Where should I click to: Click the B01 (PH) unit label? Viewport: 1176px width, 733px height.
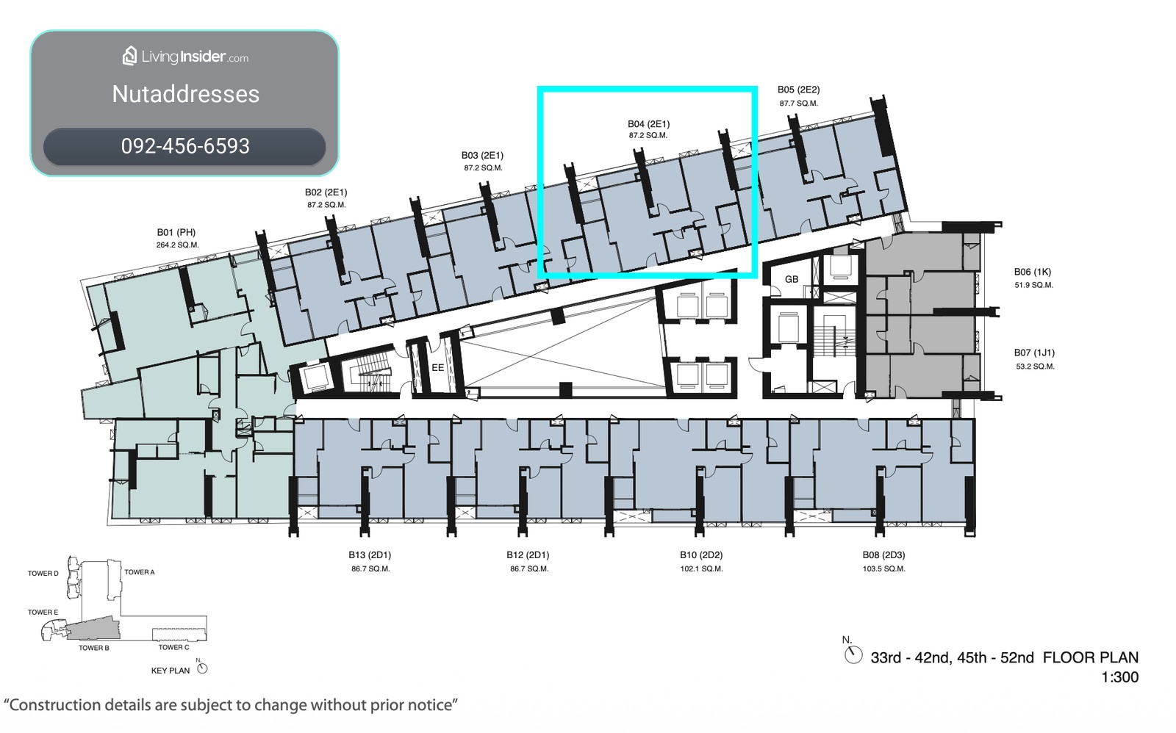(176, 232)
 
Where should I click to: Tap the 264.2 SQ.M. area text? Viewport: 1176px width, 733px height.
(177, 245)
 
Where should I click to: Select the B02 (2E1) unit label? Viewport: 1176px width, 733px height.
(326, 192)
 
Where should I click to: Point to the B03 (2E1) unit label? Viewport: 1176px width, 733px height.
(482, 155)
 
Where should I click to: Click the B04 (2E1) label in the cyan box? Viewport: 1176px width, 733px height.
(649, 124)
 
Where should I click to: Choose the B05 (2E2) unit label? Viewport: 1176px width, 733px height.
(798, 90)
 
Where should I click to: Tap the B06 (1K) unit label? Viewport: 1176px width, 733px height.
(1033, 272)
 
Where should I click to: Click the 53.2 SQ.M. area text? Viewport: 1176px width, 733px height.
(1036, 366)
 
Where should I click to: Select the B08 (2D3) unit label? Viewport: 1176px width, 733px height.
(883, 555)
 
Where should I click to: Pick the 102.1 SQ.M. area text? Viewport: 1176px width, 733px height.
(701, 568)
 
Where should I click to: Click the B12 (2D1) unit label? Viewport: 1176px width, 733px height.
(528, 555)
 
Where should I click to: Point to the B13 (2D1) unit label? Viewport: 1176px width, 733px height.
(370, 555)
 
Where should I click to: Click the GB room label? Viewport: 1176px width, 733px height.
(792, 280)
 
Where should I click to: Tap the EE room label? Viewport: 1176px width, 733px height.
(438, 368)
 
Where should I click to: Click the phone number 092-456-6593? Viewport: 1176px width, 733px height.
(185, 146)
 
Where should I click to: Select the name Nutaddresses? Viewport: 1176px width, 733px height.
(186, 95)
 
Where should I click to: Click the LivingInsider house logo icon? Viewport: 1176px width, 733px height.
(129, 56)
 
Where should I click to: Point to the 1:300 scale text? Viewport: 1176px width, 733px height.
(1120, 677)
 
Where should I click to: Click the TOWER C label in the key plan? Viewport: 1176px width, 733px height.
(173, 648)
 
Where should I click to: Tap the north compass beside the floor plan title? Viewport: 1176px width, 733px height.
(853, 655)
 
